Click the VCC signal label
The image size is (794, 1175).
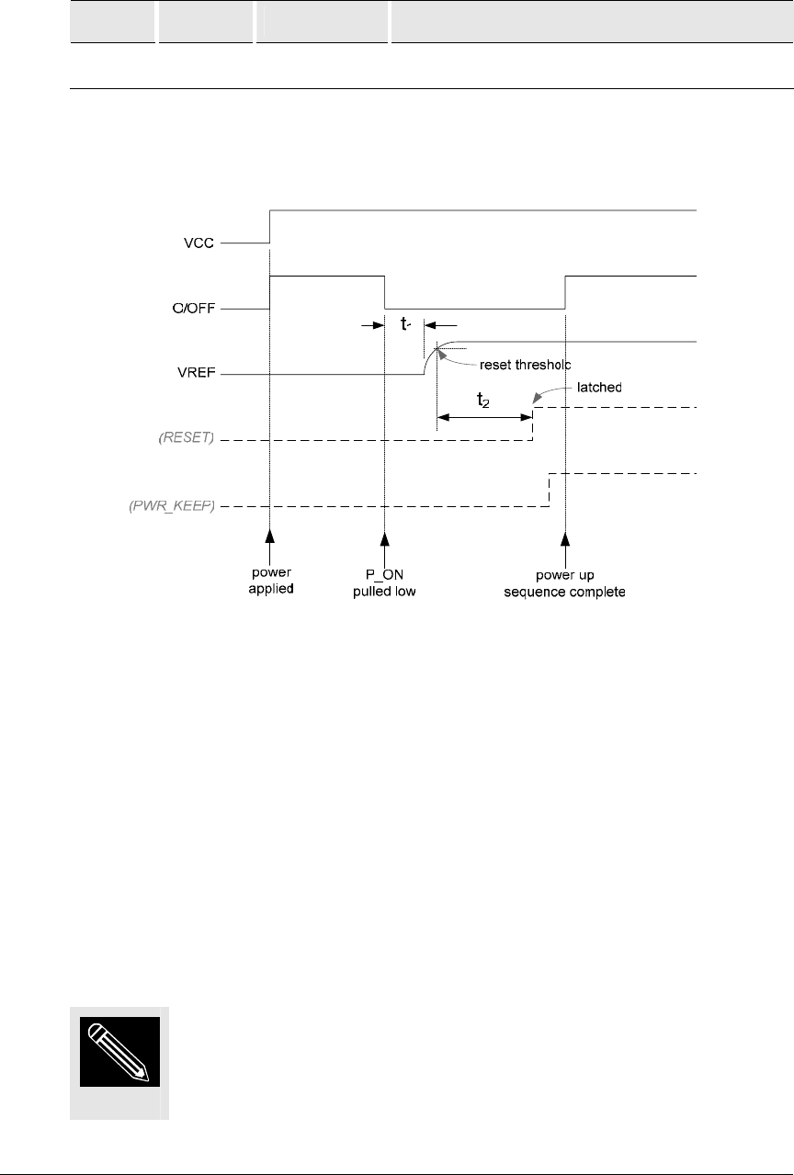coord(198,243)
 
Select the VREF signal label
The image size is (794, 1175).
coord(194,375)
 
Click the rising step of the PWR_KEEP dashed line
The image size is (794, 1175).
coord(550,490)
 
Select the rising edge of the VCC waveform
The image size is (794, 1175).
coord(269,226)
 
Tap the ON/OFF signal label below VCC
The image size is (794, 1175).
coord(194,309)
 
